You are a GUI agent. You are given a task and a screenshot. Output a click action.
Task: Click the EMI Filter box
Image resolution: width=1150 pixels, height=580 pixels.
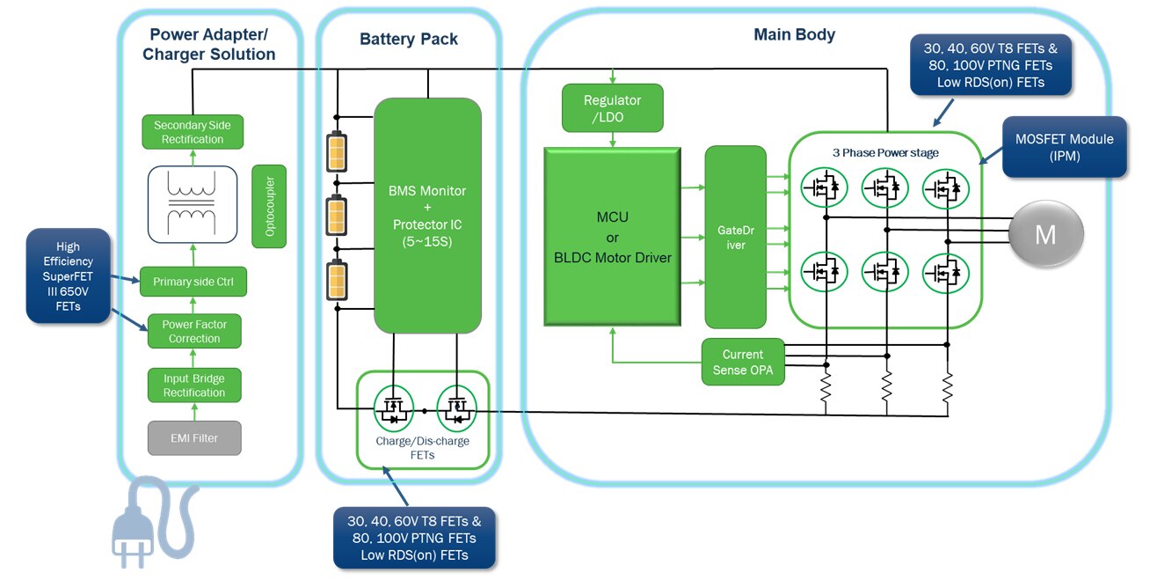[193, 437]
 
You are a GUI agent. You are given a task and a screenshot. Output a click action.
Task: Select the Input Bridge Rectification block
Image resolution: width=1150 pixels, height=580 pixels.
[193, 385]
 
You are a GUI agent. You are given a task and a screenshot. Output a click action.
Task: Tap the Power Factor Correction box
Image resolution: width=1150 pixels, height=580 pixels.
[193, 332]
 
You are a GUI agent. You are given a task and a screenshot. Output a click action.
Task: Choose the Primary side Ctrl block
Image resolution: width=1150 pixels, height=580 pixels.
[193, 283]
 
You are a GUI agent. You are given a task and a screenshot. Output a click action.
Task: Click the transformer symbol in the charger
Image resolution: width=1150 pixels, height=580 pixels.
[193, 203]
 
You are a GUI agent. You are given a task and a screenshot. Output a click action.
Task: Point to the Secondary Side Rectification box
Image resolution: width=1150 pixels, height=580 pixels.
[193, 132]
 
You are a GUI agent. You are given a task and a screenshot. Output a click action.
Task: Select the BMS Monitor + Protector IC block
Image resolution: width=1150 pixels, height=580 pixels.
[428, 216]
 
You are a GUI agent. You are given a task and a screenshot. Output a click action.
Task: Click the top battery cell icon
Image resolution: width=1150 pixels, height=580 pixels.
[336, 151]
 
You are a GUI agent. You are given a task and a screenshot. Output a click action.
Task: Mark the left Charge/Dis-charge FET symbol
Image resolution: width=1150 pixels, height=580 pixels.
[392, 407]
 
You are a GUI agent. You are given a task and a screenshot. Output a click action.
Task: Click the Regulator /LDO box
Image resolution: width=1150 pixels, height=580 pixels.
[612, 107]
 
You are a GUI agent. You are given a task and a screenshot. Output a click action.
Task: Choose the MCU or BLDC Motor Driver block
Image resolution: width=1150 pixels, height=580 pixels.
[612, 237]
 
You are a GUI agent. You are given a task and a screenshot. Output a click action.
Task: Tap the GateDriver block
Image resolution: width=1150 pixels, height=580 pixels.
[736, 238]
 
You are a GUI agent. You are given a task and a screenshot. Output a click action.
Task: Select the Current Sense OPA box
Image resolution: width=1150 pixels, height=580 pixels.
[743, 362]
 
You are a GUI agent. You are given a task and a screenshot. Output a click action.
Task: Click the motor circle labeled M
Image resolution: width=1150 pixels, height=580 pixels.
[1044, 234]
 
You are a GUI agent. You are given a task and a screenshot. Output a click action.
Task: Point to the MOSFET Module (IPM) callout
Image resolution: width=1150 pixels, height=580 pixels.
[1064, 147]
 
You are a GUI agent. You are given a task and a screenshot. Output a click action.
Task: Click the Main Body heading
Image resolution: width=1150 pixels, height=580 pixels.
[794, 35]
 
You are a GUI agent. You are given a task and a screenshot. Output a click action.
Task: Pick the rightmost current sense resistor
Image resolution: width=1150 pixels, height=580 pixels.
[948, 387]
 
